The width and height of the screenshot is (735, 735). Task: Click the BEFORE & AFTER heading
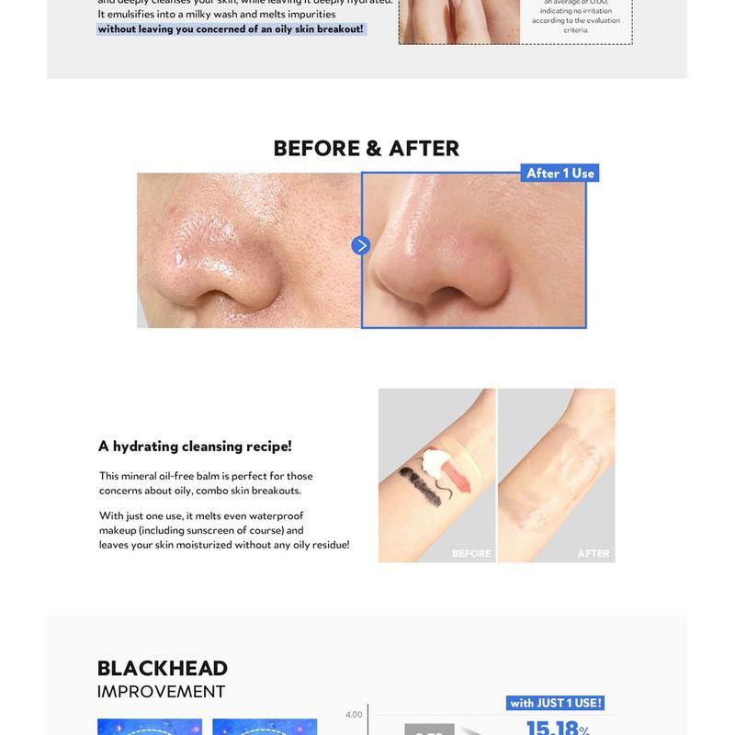tap(367, 149)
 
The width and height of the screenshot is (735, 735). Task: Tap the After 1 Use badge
tap(560, 173)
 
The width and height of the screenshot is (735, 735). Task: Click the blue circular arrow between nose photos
tap(361, 245)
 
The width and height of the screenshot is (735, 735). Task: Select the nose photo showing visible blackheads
tap(248, 250)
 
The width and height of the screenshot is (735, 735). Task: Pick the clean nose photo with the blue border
tap(474, 253)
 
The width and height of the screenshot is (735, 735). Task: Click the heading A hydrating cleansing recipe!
tap(195, 447)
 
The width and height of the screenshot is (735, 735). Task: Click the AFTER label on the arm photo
tap(594, 553)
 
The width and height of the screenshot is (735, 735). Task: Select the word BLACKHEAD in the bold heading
tap(162, 669)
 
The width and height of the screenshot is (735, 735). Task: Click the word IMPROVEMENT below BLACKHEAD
tap(161, 692)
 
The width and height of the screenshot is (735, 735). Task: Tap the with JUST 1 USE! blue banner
tap(556, 703)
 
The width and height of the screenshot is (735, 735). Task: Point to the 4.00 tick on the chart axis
tap(354, 715)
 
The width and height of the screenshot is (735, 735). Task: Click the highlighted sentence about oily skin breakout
tap(231, 29)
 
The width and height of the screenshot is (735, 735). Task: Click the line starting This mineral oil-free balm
tap(206, 476)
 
